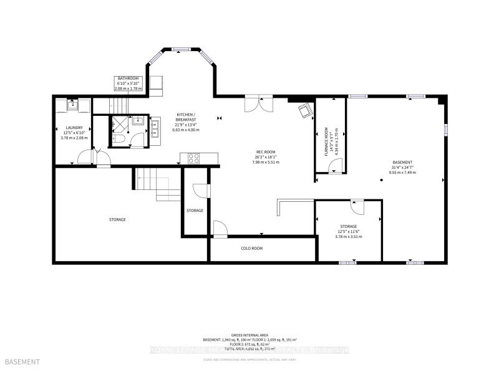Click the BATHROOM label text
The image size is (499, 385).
(x=129, y=79)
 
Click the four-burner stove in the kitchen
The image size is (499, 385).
(x=193, y=158)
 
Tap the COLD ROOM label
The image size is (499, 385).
(x=252, y=248)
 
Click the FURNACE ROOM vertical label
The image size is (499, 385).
(x=326, y=134)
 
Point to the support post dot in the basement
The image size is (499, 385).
(x=381, y=181)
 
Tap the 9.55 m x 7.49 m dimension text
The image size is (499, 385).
(x=402, y=172)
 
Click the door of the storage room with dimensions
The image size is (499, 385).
(x=356, y=206)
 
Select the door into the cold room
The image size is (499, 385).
(x=220, y=230)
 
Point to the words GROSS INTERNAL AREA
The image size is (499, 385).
(x=249, y=335)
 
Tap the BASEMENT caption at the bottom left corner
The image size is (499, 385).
(x=22, y=362)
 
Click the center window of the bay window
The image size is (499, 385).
(x=182, y=49)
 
